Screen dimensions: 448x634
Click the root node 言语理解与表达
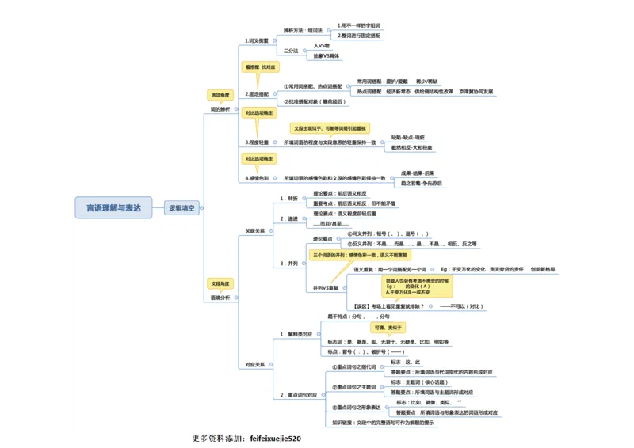[113, 208]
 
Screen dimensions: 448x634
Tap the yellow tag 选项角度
[220, 95]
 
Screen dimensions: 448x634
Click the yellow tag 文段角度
[220, 283]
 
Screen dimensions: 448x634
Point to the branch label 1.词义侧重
[258, 40]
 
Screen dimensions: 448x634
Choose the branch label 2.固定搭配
[258, 93]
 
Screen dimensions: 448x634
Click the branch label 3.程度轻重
[258, 142]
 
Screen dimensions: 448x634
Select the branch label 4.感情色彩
[258, 178]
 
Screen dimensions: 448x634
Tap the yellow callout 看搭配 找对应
[258, 68]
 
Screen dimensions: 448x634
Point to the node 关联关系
[255, 230]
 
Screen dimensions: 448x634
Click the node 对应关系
[255, 365]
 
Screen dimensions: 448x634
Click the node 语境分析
[220, 298]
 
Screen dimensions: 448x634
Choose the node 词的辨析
[220, 109]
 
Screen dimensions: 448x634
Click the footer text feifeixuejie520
[275, 438]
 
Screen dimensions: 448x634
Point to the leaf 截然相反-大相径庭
[413, 148]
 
